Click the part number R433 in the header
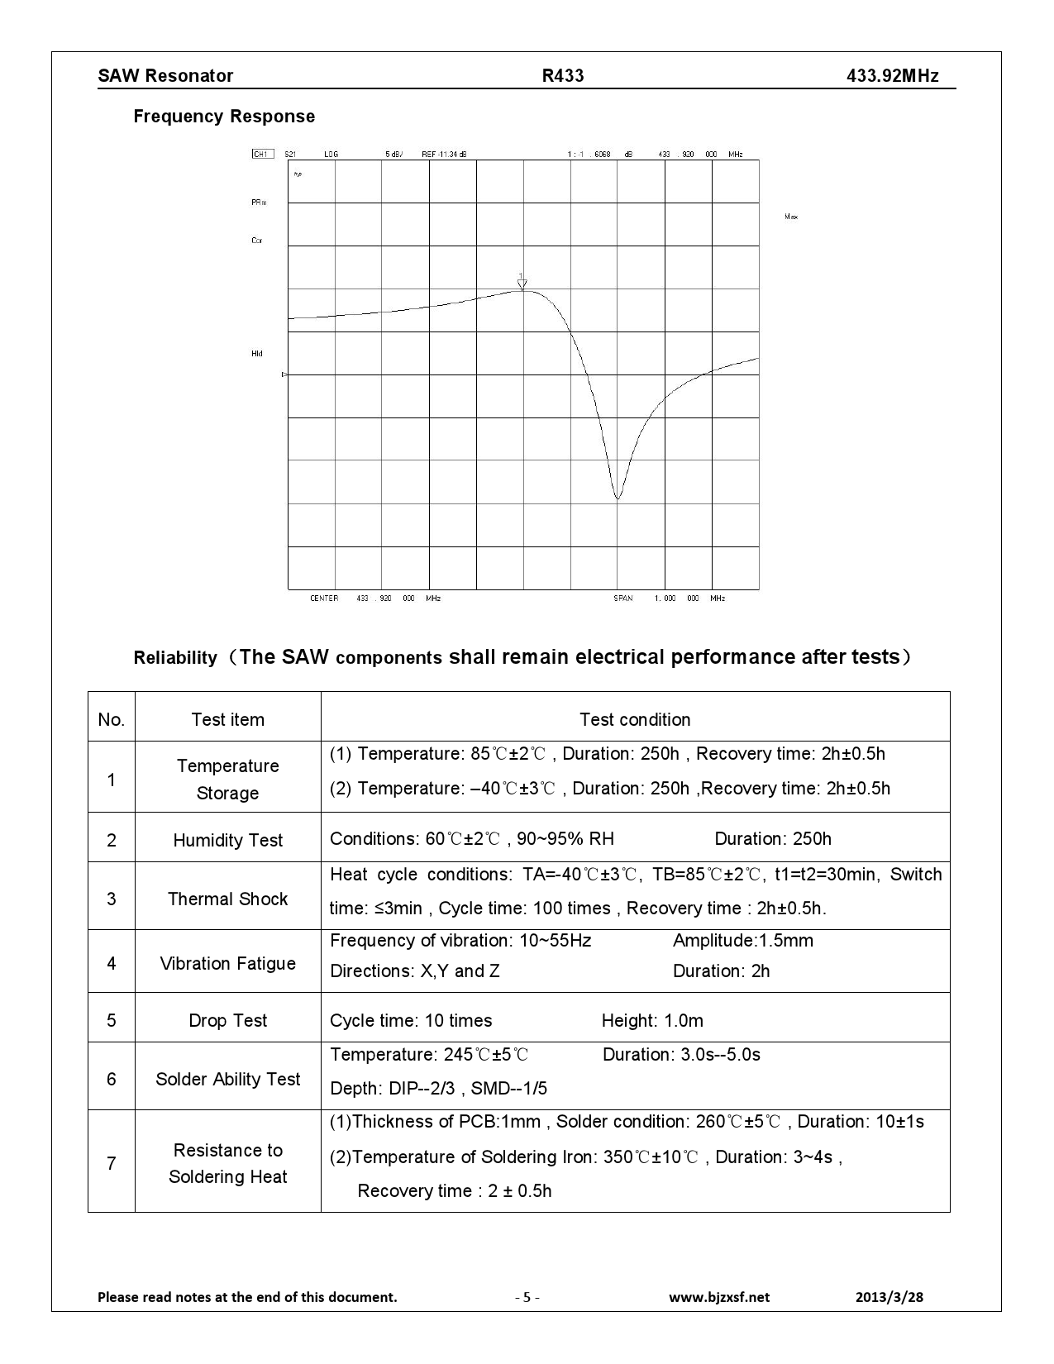point(563,76)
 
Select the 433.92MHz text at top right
point(892,76)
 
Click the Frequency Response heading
point(224,117)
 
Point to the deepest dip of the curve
point(618,498)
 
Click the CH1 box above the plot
point(261,154)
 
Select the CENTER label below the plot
point(324,598)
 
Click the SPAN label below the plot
point(623,598)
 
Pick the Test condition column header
point(635,719)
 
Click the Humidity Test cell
point(227,840)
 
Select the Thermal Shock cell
point(227,899)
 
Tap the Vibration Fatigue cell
point(227,963)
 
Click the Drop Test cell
point(227,1020)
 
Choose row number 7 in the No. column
point(112,1163)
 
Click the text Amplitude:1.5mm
point(742,941)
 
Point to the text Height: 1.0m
point(652,1020)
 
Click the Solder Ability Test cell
point(227,1079)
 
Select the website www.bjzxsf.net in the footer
point(718,1297)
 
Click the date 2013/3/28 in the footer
point(889,1297)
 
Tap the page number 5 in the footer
point(527,1297)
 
